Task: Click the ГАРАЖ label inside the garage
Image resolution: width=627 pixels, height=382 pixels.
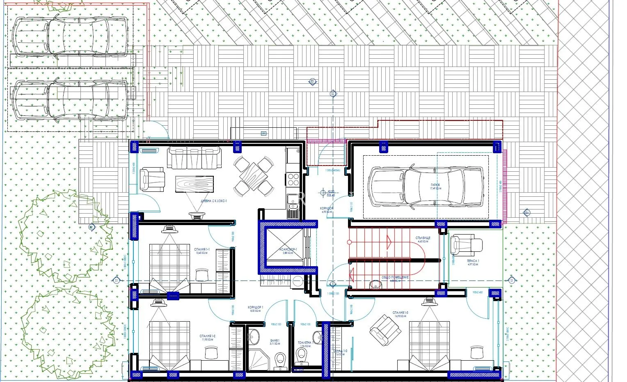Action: [x=435, y=185]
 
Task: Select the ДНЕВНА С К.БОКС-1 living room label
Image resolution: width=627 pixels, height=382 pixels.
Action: [x=214, y=201]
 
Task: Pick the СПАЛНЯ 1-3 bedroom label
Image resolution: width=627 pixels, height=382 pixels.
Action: [x=399, y=313]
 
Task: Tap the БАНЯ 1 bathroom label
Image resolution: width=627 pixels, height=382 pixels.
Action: [x=275, y=341]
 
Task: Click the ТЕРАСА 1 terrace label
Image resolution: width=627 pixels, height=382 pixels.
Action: [x=473, y=261]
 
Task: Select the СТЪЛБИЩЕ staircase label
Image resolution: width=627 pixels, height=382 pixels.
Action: [x=423, y=238]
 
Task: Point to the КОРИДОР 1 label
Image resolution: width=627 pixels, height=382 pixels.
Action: [x=255, y=308]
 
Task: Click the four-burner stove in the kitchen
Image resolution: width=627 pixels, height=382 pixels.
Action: [x=293, y=179]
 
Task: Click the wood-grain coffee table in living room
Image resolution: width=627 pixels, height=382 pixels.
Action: [x=195, y=184]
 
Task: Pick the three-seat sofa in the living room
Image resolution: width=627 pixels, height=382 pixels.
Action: [x=194, y=158]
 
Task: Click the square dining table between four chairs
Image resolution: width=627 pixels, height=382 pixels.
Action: [x=254, y=176]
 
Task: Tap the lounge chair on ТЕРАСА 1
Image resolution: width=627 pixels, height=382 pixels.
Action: [x=466, y=245]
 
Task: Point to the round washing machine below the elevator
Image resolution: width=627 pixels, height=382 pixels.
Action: [x=297, y=281]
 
